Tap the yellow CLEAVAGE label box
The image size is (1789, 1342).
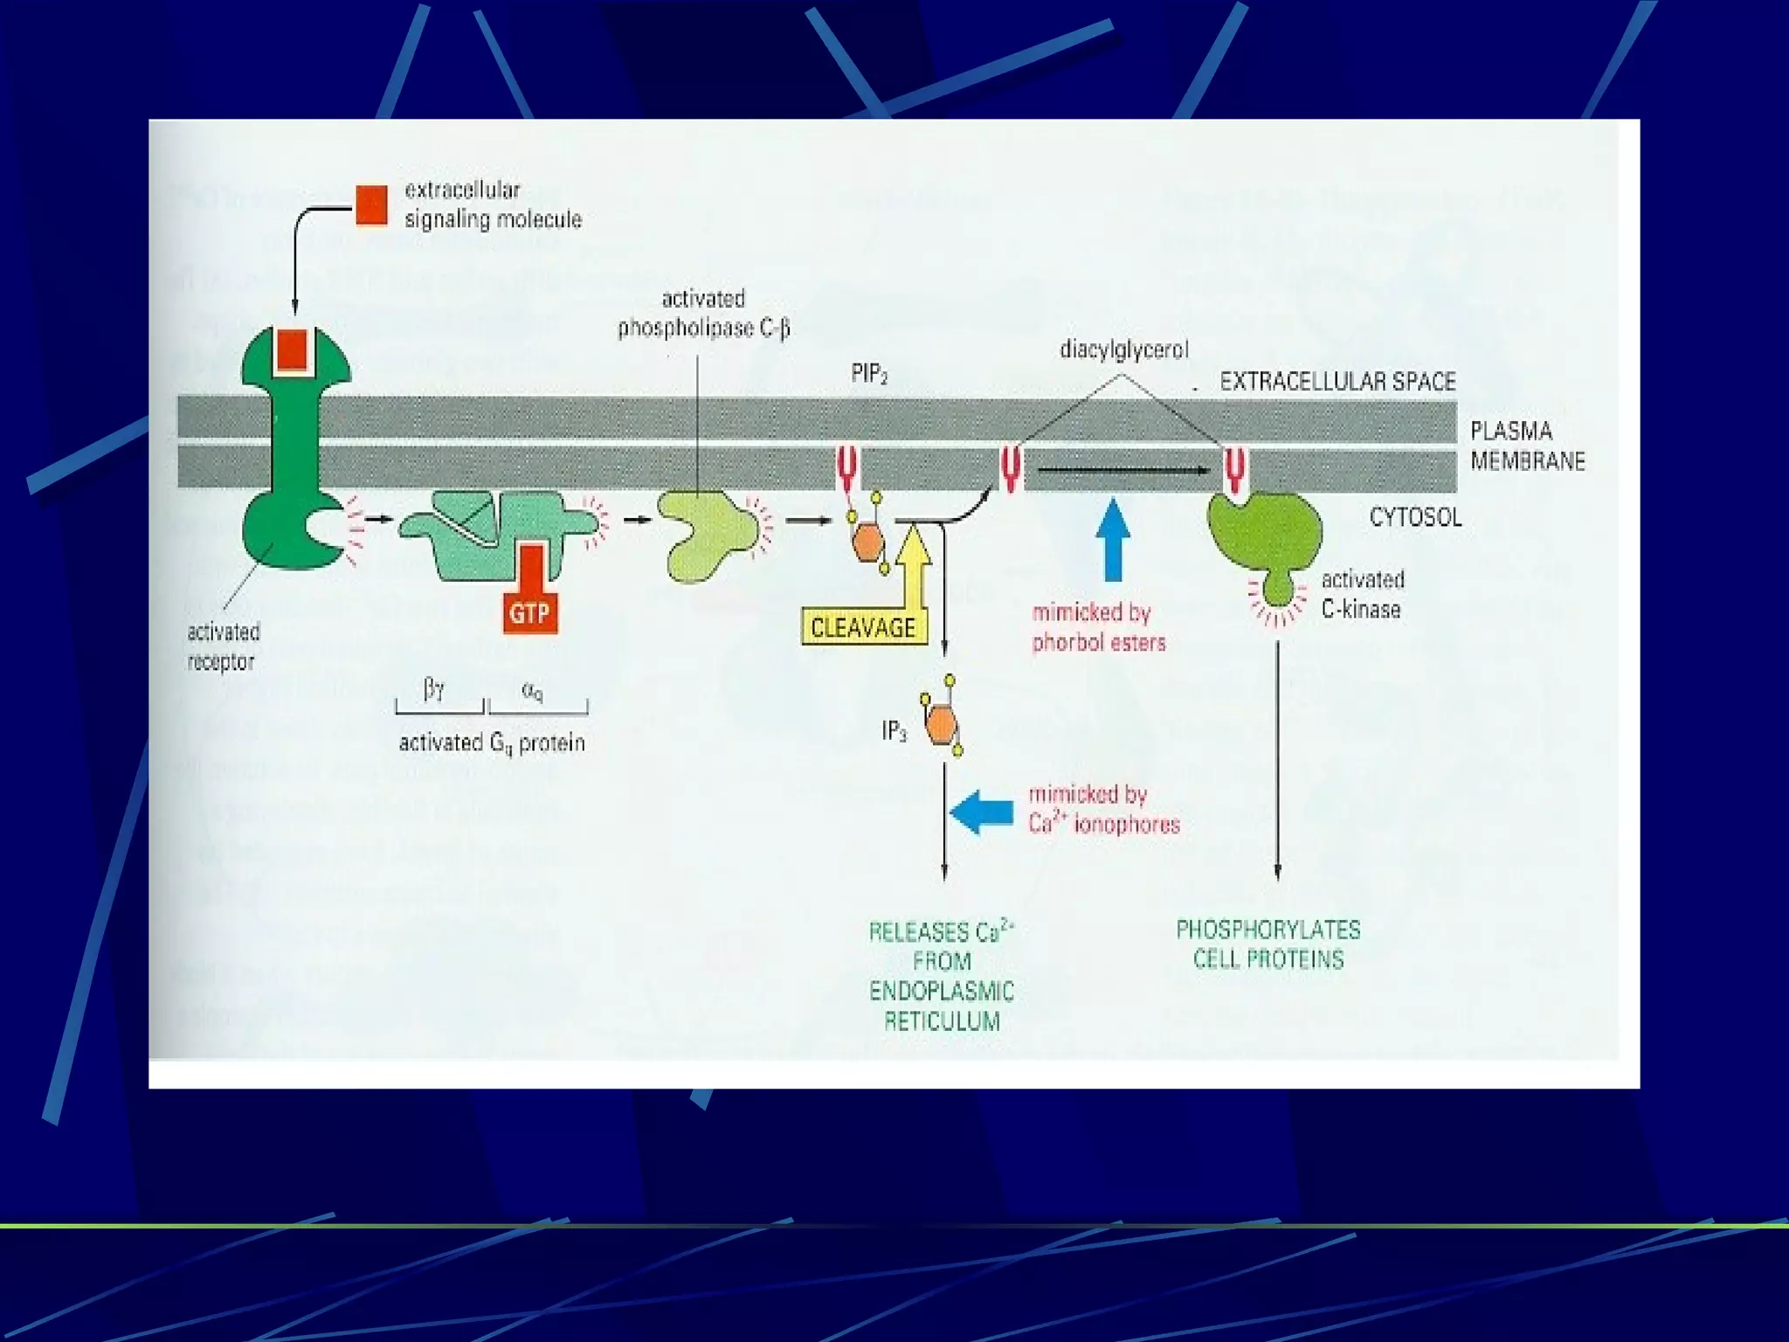tap(862, 627)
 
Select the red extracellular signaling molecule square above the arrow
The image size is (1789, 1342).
tap(371, 206)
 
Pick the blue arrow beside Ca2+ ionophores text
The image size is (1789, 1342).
tap(981, 812)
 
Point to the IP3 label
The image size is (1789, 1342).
tap(894, 730)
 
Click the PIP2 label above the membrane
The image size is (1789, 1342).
tap(869, 376)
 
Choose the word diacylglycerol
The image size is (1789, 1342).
tap(1124, 350)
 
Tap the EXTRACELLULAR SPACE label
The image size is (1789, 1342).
tap(1337, 382)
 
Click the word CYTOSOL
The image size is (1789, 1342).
tap(1415, 517)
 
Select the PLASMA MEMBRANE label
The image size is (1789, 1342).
tap(1527, 446)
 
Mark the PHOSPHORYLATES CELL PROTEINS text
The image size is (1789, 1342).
tap(1268, 944)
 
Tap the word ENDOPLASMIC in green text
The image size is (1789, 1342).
tap(942, 992)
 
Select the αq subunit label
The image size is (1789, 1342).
tap(532, 690)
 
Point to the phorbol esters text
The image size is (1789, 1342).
tap(1099, 643)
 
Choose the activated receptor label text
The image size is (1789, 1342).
tap(223, 647)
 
